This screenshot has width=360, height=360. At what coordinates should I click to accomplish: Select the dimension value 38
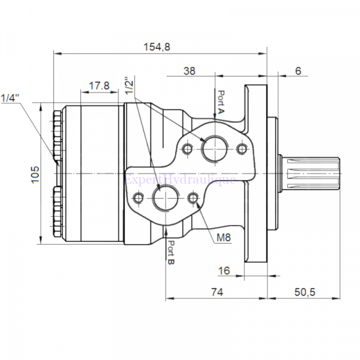pos(189,71)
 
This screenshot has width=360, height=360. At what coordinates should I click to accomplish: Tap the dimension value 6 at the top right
pos(298,71)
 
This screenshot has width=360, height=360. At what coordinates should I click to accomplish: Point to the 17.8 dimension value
pos(99,86)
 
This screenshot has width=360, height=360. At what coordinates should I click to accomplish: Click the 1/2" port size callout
pos(128,85)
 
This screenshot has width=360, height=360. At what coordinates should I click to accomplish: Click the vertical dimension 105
pos(35,174)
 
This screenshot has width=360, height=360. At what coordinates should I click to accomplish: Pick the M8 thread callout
pos(224,238)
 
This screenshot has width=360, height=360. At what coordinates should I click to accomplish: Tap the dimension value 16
pos(224,271)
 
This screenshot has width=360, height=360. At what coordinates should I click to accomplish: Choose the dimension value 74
pos(217,292)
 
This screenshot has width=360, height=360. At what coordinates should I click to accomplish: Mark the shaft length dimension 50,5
pos(305,292)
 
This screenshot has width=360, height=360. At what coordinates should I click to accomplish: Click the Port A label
pos(221,103)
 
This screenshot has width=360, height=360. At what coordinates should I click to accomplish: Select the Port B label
pos(171,253)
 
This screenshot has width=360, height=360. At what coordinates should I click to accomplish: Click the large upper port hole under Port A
pos(214,149)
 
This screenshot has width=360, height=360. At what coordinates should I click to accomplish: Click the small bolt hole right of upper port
pos(242,149)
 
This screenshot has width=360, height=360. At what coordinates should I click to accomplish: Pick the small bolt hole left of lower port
pos(139,199)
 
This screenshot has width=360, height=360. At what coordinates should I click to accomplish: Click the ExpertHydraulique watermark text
pos(180,179)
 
